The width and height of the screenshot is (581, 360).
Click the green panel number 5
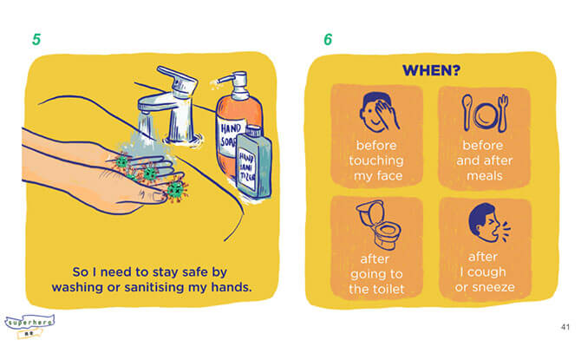(36, 39)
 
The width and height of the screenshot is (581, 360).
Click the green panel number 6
(328, 39)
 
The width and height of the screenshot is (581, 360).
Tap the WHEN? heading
(431, 70)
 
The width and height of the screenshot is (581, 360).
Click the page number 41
(565, 327)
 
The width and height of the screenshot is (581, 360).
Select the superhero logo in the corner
(29, 325)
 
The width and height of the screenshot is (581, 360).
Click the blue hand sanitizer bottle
(253, 163)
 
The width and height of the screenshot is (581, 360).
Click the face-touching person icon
(378, 112)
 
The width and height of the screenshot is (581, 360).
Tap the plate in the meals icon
(485, 115)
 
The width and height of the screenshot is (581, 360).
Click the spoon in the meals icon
(467, 112)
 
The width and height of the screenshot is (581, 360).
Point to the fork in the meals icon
(503, 113)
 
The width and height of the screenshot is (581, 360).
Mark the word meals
(484, 176)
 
